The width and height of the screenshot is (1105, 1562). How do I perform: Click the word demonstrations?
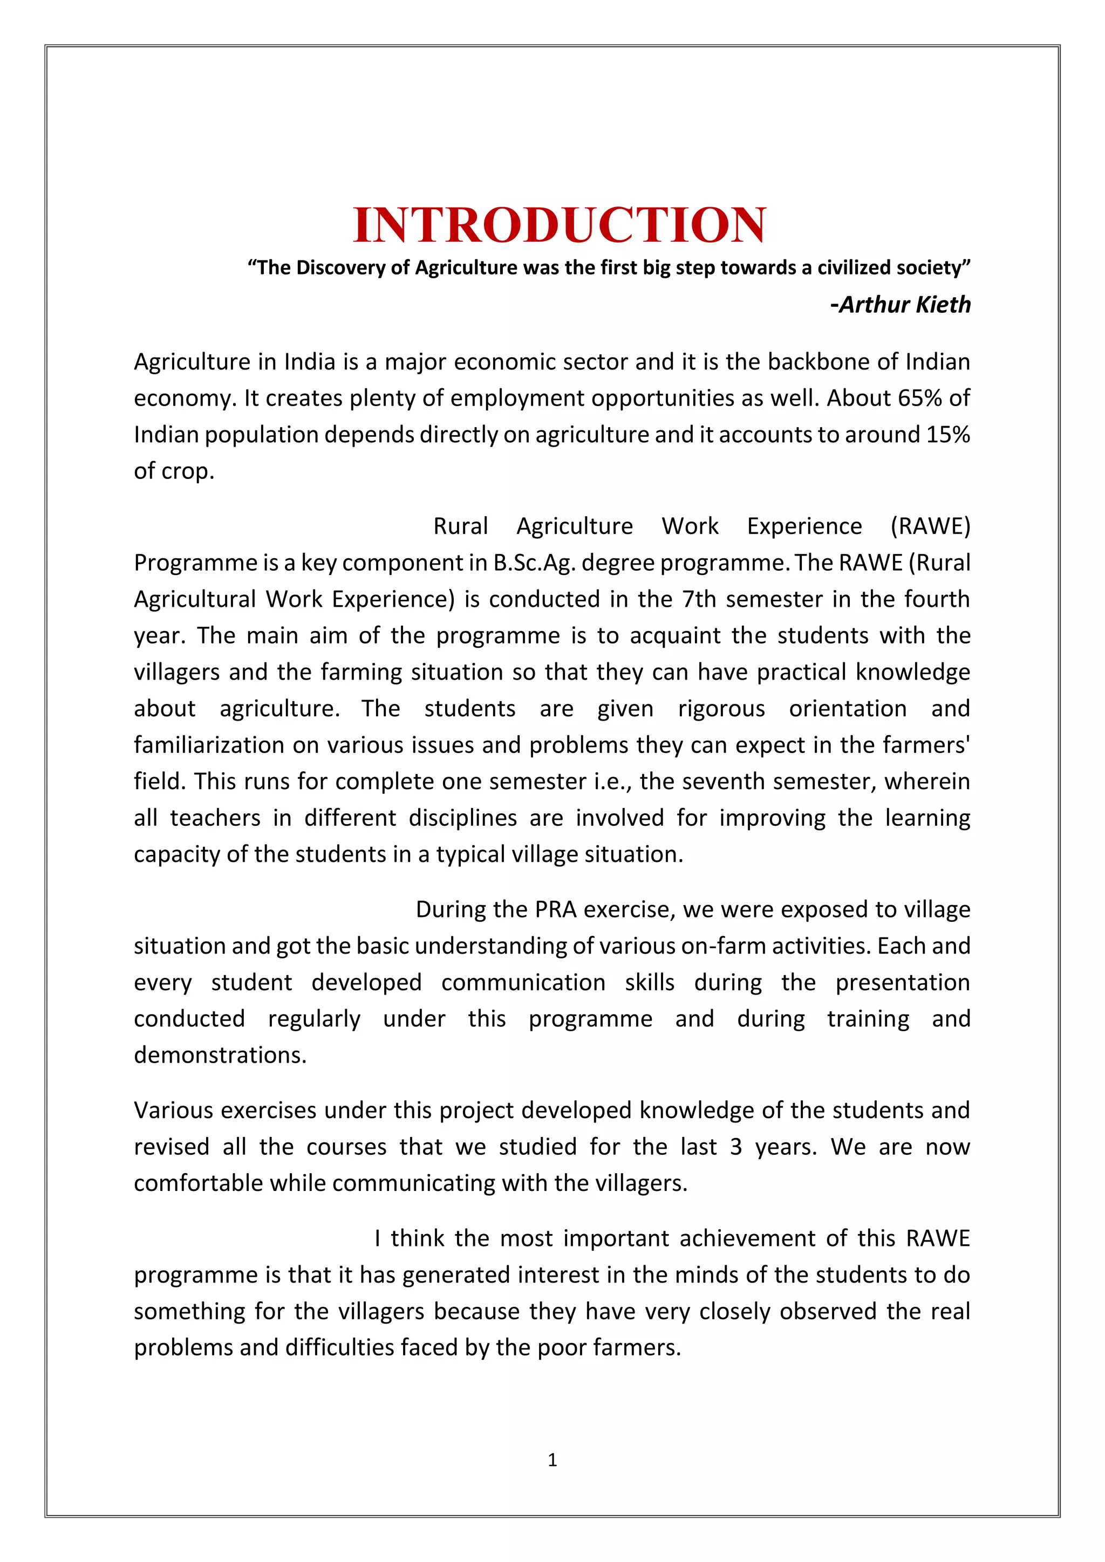pos(220,1055)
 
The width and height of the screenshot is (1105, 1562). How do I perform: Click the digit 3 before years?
pos(735,1147)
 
